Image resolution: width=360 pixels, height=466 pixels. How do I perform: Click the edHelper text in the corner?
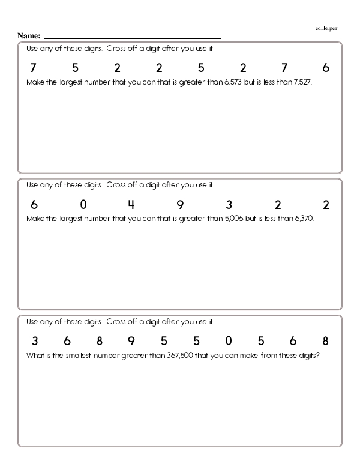[326, 28]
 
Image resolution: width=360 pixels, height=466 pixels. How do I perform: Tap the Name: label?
[29, 36]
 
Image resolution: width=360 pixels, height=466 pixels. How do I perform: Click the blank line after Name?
[132, 37]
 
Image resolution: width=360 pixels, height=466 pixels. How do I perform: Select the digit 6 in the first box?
[326, 68]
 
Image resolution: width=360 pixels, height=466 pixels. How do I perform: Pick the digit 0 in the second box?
[83, 205]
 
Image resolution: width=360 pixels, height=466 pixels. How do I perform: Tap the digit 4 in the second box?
[132, 205]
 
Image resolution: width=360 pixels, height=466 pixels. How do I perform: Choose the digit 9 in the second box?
[180, 205]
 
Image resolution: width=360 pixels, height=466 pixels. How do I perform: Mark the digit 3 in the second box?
[229, 205]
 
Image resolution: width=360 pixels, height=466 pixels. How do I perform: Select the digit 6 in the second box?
[34, 205]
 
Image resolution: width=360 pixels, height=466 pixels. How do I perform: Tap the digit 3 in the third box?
[35, 342]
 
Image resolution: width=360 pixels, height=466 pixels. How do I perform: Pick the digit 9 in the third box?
[132, 342]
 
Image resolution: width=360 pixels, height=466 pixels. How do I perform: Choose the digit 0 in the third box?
[229, 342]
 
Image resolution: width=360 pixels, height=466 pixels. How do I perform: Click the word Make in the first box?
[37, 82]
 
